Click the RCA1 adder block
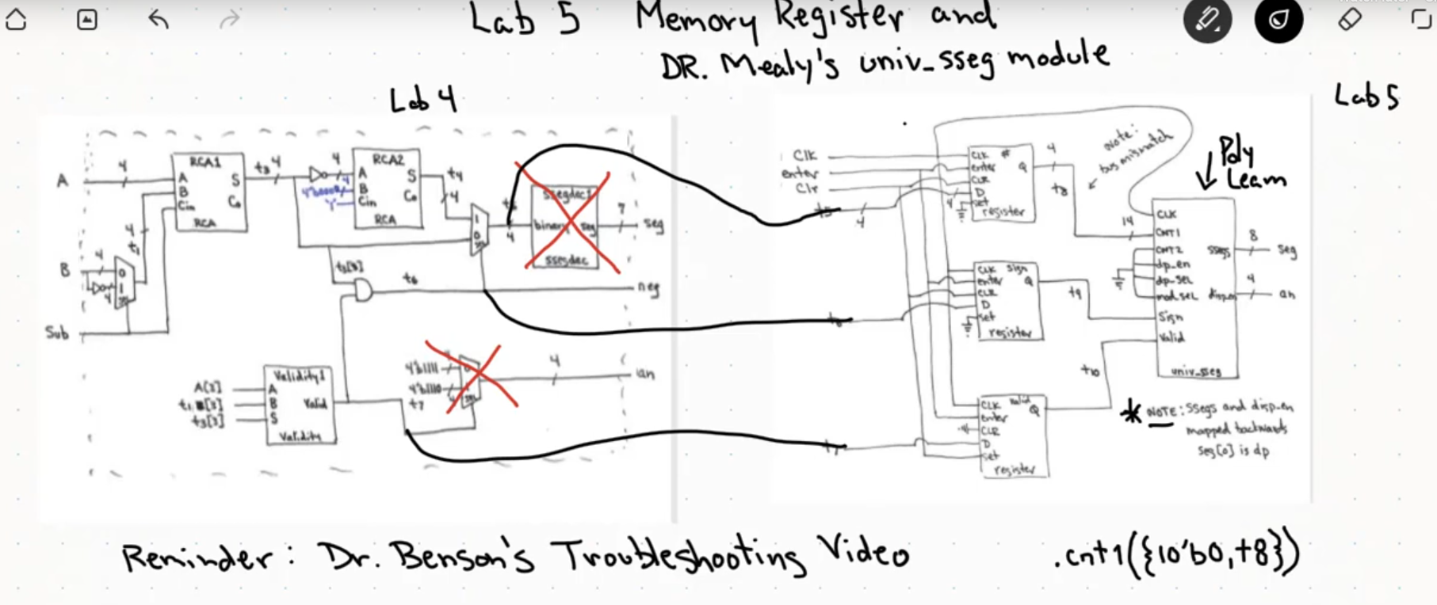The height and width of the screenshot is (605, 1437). click(208, 192)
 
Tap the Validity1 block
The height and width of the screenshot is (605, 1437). click(299, 405)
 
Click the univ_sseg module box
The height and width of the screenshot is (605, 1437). click(1194, 289)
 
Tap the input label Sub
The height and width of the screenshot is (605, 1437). click(56, 333)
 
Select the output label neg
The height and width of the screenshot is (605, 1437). click(648, 287)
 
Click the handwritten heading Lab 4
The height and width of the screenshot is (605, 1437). click(422, 101)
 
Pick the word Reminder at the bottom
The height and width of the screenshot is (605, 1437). click(197, 557)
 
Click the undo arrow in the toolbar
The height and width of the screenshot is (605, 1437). click(159, 20)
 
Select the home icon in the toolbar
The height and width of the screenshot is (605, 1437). click(16, 20)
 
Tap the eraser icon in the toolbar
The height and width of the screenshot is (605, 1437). click(1349, 20)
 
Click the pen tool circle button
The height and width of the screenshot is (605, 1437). click(1207, 20)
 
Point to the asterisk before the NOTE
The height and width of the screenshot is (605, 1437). click(1131, 413)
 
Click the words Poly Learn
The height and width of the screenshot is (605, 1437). click(1248, 165)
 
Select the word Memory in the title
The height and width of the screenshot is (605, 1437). click(695, 20)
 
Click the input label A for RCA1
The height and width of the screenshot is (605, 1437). click(62, 181)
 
